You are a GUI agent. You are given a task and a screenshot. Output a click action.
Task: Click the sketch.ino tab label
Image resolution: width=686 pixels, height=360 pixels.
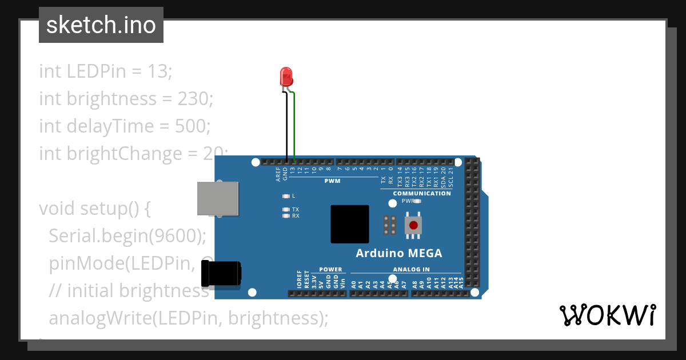(x=101, y=25)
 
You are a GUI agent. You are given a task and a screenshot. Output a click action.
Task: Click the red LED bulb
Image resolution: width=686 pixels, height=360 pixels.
(x=286, y=76)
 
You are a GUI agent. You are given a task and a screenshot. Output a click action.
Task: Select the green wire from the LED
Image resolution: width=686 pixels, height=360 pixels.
(x=294, y=126)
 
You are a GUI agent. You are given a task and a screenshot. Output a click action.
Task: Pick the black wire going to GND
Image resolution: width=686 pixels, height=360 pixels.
(x=286, y=126)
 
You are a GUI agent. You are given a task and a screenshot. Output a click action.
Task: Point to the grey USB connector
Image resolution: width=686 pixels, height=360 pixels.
(x=217, y=199)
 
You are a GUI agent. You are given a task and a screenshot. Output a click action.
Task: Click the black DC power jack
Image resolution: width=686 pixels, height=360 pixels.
(x=221, y=274)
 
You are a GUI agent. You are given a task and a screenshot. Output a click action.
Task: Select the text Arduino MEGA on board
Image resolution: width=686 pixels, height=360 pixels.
(x=398, y=253)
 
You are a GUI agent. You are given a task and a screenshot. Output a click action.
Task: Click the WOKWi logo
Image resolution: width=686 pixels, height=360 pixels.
(x=607, y=315)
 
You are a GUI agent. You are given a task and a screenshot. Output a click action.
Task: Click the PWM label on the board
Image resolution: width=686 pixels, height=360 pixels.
(x=332, y=181)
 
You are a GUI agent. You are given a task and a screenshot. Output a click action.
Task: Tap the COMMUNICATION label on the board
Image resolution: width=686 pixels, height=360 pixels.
(x=422, y=193)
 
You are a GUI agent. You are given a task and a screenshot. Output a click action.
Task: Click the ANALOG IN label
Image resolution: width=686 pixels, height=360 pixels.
(x=411, y=269)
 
